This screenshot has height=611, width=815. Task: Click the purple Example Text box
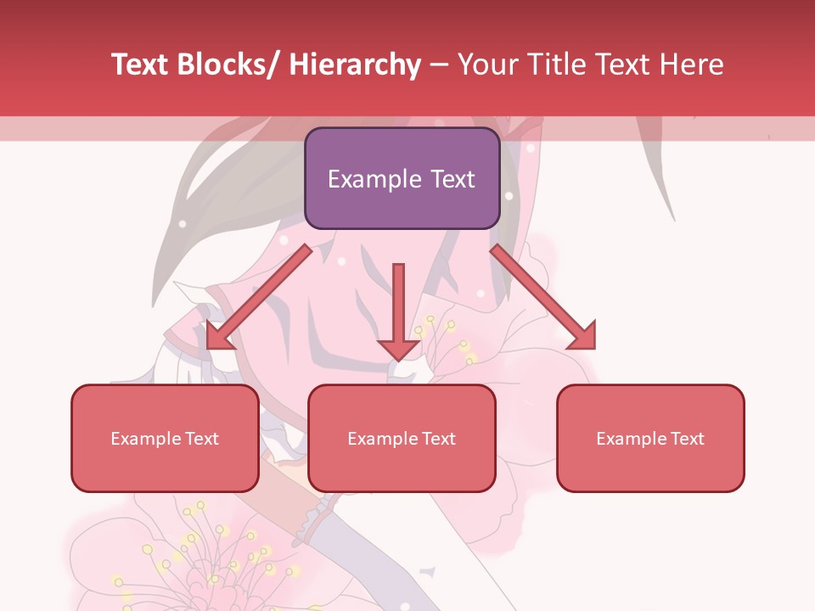[x=401, y=178]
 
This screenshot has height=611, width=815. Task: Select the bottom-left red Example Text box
[x=165, y=438]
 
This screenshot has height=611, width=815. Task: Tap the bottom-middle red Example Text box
[x=401, y=438]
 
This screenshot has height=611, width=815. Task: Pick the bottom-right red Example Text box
[x=650, y=438]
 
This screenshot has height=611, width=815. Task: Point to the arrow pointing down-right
[x=543, y=297]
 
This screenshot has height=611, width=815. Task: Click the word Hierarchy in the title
[x=355, y=64]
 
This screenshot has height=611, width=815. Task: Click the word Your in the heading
[x=487, y=64]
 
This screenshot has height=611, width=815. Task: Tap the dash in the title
[x=439, y=64]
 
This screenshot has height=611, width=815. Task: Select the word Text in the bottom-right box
[x=687, y=438]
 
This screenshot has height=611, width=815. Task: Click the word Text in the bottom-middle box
[x=438, y=438]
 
